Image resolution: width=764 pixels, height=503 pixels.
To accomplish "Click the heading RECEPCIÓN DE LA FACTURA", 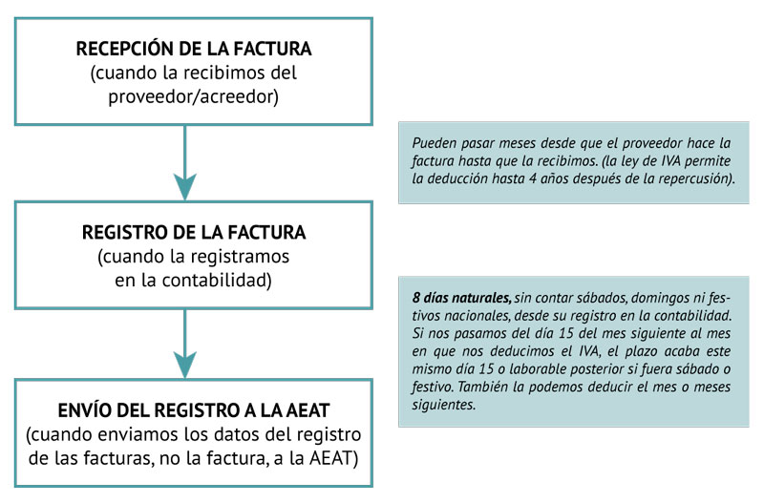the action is tap(194, 49).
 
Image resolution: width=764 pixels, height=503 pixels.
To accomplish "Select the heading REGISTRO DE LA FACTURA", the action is tap(194, 232).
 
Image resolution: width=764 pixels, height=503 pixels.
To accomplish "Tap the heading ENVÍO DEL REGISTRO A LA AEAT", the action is tap(194, 410).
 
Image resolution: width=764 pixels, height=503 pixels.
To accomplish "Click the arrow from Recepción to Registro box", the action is tap(185, 162).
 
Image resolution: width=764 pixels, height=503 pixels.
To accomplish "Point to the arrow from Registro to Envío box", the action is tap(185, 344).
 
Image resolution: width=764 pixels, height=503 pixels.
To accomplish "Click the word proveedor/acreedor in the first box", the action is tap(194, 97).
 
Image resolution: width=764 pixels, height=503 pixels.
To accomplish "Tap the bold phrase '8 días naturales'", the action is tap(461, 298).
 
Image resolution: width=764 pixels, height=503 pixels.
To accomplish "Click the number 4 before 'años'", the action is tap(533, 178).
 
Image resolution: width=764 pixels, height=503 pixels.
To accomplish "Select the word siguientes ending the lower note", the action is tap(442, 405).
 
